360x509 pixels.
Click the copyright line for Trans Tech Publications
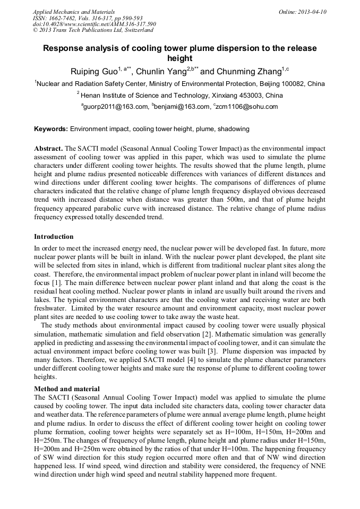tap(93, 30)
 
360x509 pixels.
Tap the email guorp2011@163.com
tap(115, 107)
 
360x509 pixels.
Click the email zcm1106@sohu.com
tap(247, 107)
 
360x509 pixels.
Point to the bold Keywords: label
tap(51, 129)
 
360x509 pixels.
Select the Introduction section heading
tap(54, 236)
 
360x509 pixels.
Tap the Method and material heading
tap(66, 389)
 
